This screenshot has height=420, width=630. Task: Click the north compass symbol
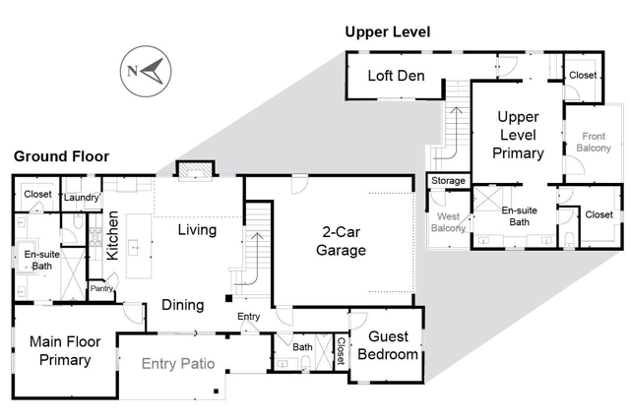(144, 71)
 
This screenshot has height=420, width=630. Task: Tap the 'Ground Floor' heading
(61, 156)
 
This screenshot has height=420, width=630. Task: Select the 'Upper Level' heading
(388, 32)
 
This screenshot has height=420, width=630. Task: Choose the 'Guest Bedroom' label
(387, 346)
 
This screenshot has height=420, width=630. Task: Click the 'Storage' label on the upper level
(448, 181)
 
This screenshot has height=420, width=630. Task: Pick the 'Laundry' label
(83, 198)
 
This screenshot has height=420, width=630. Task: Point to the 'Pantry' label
(102, 288)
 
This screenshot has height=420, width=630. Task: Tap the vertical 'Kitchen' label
(112, 236)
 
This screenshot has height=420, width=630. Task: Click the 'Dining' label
(183, 305)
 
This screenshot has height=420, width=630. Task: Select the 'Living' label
(198, 230)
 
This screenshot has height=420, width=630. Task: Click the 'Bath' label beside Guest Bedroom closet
(302, 346)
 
